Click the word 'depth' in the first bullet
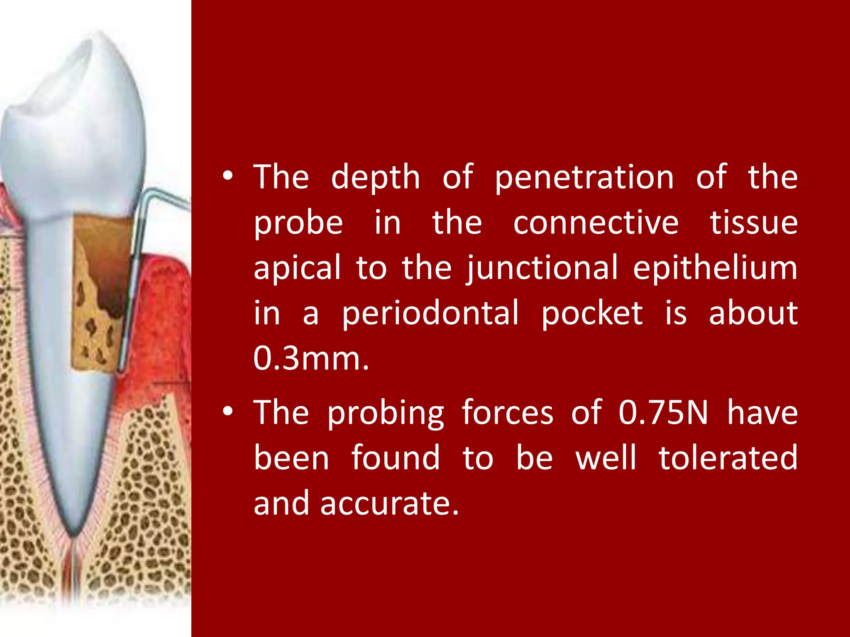coord(376,177)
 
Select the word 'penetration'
coord(584,177)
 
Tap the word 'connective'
coord(596,223)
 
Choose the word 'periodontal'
coord(430,313)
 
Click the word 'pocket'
coord(592,313)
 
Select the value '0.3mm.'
coord(311,358)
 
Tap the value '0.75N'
coord(663,413)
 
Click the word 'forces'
coord(507,413)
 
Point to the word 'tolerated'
coord(728,458)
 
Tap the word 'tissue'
coord(754,223)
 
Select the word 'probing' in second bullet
coord(386,413)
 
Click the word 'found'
coord(396,458)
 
